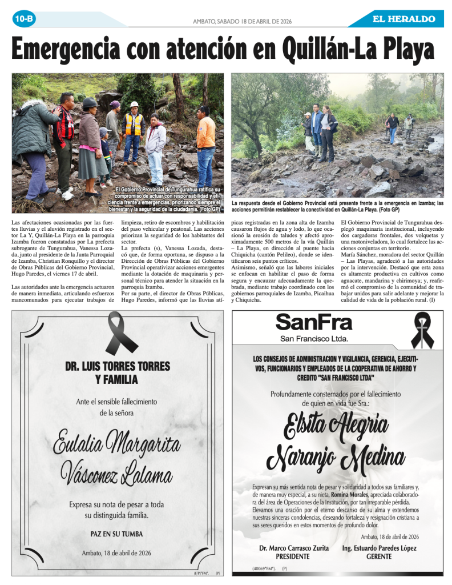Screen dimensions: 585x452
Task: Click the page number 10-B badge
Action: coord(24,19)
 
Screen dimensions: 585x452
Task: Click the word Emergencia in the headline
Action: coord(72,49)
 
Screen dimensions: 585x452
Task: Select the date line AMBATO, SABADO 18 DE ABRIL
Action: coord(243,21)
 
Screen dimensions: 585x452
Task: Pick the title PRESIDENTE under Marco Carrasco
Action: coord(293,556)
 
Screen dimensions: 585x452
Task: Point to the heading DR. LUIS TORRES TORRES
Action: coord(117,366)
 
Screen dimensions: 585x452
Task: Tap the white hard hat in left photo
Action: coord(134,105)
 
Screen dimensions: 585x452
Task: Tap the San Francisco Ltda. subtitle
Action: coord(313,339)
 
